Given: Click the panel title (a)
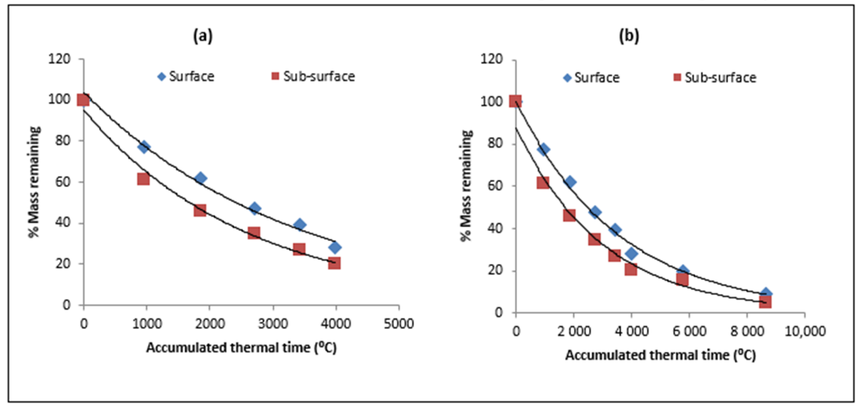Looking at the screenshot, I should pyautogui.click(x=203, y=36).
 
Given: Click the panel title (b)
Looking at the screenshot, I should pyautogui.click(x=629, y=36).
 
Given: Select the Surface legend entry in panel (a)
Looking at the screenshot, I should pyautogui.click(x=186, y=76).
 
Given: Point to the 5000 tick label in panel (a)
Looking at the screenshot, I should pyautogui.click(x=399, y=324).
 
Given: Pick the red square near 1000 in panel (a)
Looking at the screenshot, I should pyautogui.click(x=143, y=179).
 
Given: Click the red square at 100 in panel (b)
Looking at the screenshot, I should pyautogui.click(x=516, y=101).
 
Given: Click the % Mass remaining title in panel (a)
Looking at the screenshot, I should pyautogui.click(x=34, y=182).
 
